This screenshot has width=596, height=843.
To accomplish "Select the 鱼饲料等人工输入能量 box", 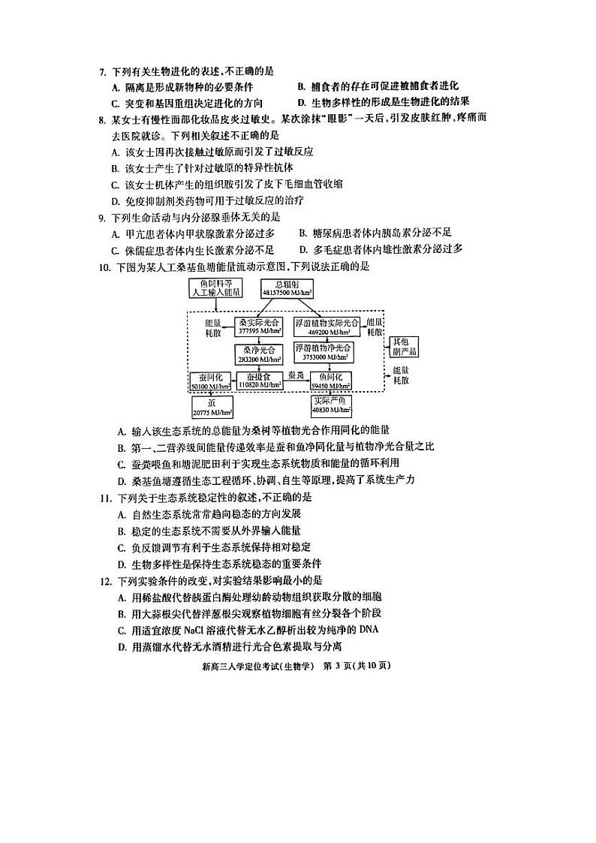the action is click(x=215, y=288).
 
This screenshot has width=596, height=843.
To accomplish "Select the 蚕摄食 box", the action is click(x=260, y=381).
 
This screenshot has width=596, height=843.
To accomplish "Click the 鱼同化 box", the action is click(x=331, y=381).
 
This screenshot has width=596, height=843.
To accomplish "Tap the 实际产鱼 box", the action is click(x=331, y=406).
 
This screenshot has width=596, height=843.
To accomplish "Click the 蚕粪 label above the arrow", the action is click(x=296, y=375).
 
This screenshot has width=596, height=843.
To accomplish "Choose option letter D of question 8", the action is click(x=115, y=200).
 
